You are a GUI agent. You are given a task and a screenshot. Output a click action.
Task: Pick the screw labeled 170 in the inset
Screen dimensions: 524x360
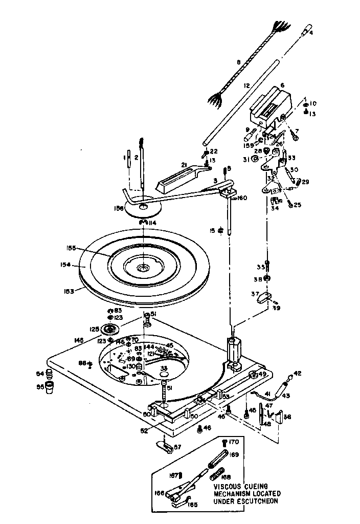click(224, 442)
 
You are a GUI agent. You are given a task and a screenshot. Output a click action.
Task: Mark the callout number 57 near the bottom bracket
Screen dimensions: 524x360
click(178, 447)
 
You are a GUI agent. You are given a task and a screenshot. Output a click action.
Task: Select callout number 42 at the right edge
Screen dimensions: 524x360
click(297, 374)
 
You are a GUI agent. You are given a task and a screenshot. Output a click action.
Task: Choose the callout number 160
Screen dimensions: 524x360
click(242, 198)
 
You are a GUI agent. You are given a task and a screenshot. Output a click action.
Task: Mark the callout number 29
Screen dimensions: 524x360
click(305, 182)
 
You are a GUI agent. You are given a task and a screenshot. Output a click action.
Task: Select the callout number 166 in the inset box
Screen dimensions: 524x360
click(160, 493)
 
